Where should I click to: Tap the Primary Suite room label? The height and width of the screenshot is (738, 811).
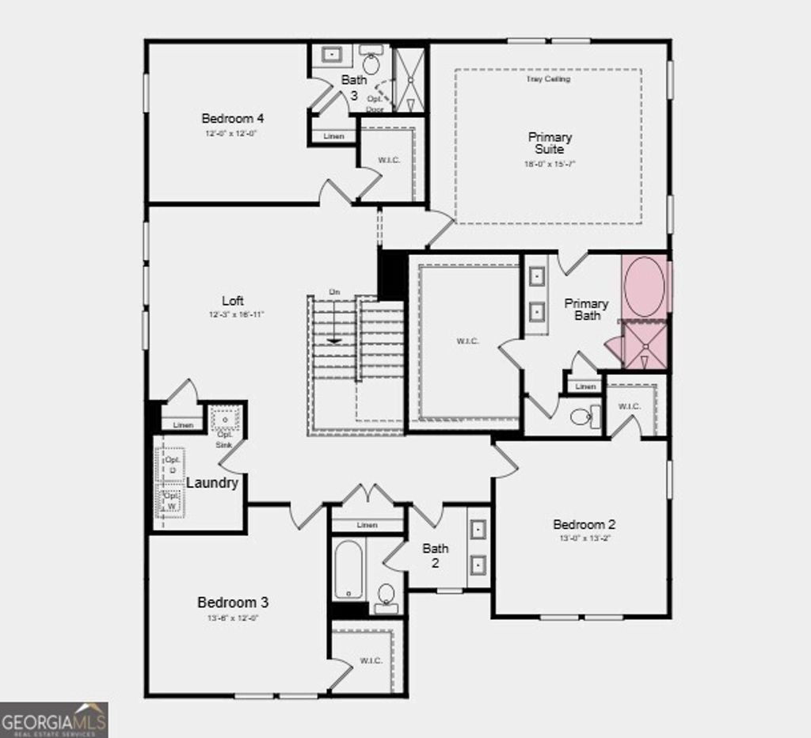[x=550, y=143]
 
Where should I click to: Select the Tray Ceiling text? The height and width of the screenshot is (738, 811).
[x=548, y=79]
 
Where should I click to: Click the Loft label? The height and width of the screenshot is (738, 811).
[x=233, y=301]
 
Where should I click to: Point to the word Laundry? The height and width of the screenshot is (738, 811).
[x=212, y=483]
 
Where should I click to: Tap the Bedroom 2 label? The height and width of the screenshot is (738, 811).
[x=584, y=524]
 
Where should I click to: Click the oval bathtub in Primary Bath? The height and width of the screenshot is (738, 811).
[x=643, y=287]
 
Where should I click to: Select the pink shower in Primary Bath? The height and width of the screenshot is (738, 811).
[x=645, y=345]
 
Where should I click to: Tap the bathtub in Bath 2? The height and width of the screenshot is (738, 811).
[x=348, y=569]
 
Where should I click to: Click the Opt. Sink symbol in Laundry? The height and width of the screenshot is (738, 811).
[x=225, y=418]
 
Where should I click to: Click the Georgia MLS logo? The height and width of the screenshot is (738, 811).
[x=54, y=721]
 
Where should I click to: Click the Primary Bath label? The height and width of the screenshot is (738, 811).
[x=586, y=310]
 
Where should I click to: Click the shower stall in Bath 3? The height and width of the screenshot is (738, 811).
[x=410, y=79]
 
